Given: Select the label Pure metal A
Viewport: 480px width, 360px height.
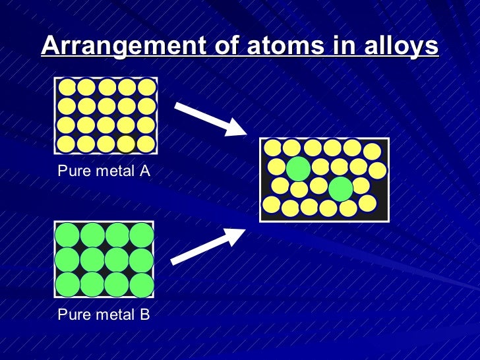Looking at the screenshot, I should point(104,171).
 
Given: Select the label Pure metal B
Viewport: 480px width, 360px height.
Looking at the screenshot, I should point(104,315).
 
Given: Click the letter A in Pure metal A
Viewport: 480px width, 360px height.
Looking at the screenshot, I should point(145,171).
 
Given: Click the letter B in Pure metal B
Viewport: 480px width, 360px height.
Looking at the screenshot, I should point(145,315).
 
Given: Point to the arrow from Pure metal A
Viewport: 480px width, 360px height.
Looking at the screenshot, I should point(210,119).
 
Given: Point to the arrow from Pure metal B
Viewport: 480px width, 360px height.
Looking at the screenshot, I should point(208,245).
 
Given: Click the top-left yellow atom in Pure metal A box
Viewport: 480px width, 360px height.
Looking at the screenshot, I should point(67,88).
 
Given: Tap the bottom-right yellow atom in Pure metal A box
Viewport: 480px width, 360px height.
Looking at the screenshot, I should point(146,144).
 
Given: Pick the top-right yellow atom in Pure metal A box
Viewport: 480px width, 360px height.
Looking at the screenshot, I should point(146,88).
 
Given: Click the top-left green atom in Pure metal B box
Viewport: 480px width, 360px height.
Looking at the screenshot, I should point(67,235).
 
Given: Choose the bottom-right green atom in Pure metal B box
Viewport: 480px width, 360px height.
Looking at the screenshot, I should point(142,284).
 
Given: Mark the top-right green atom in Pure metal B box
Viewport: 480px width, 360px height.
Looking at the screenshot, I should point(142,235).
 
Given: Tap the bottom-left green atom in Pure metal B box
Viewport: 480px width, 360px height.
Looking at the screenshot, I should point(67,284).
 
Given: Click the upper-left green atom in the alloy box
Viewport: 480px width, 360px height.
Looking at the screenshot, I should point(298,168).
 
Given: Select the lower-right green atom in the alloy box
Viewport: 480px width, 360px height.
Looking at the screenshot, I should point(341,189).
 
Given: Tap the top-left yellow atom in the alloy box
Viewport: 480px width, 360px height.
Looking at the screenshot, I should point(273,148).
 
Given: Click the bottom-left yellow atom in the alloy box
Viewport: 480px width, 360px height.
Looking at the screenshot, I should point(272,204).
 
